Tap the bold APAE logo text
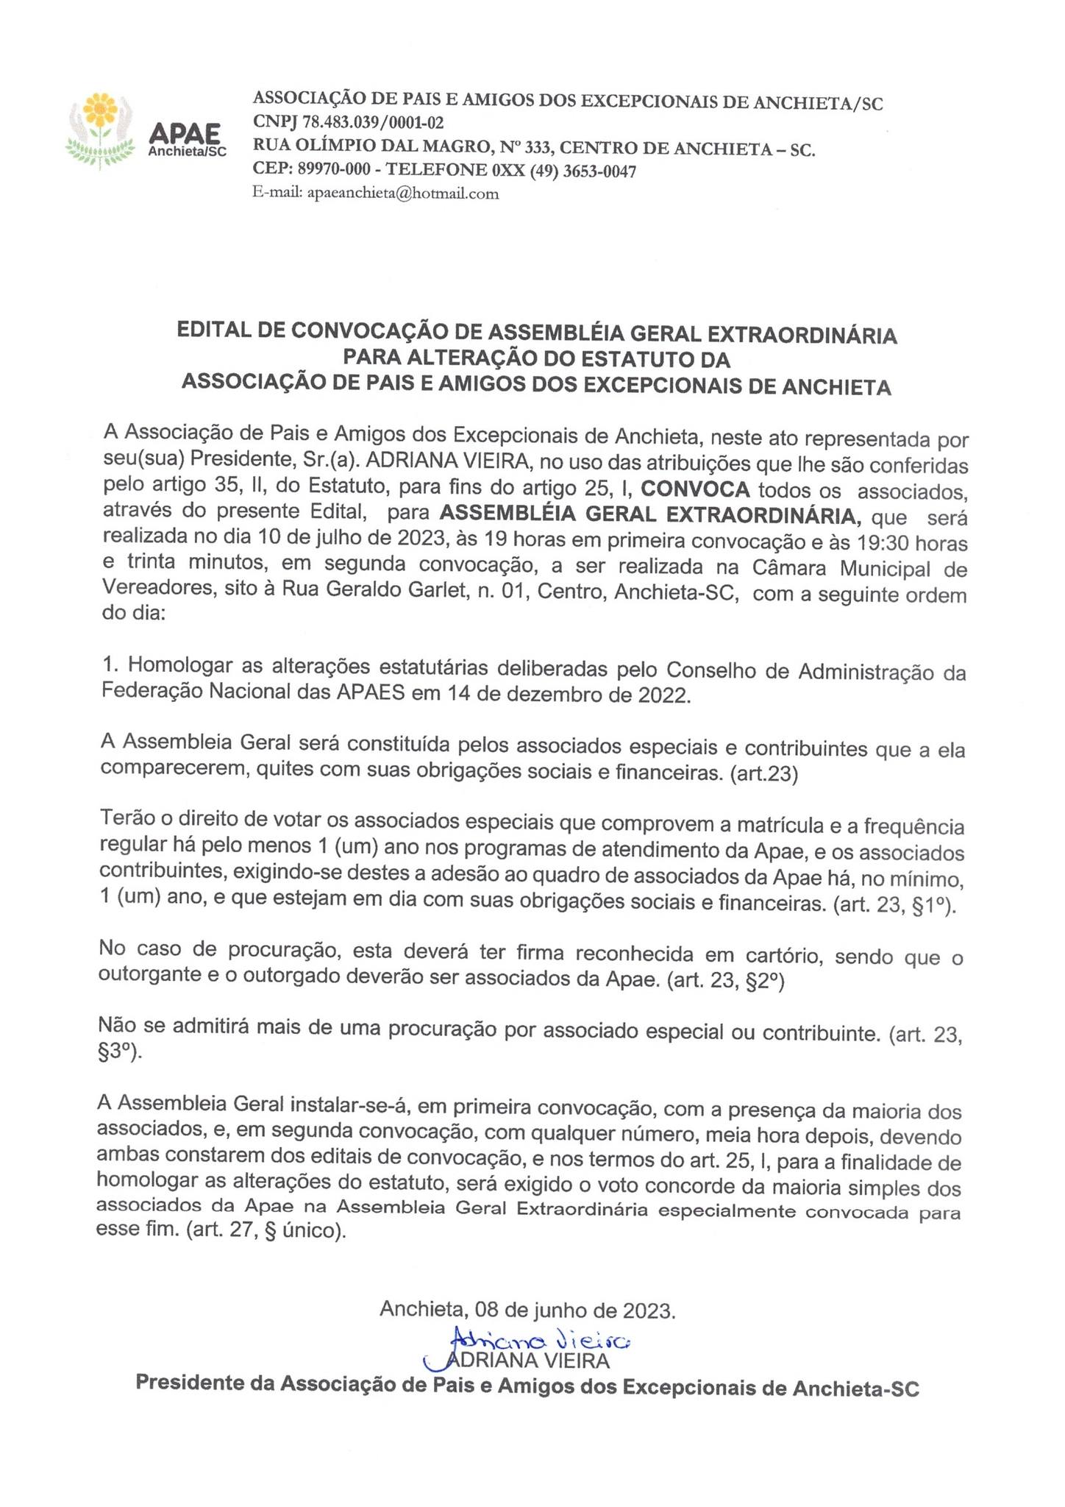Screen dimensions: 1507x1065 pos(185,132)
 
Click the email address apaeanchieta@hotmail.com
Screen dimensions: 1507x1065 pos(402,194)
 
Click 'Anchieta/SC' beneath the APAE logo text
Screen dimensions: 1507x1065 pos(188,151)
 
